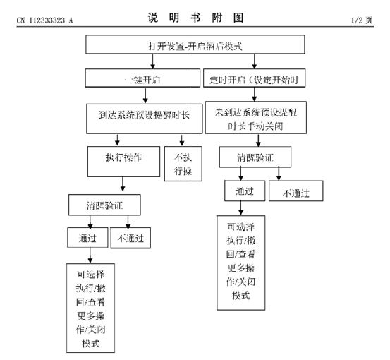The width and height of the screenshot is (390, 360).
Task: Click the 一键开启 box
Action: pos(143,78)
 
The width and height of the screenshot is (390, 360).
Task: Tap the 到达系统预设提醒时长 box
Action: pos(144,115)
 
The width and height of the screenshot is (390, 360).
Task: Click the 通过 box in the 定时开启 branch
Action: pos(243,190)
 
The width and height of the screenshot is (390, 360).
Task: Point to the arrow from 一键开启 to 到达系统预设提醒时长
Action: pos(143,95)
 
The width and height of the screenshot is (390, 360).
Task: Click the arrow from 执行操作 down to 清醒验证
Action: pos(123,185)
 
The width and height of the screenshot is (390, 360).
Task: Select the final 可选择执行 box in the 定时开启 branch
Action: pos(241,262)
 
